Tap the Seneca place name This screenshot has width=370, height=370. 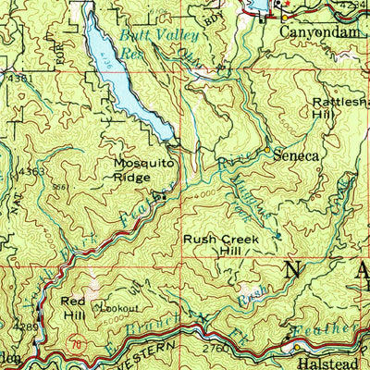tap(296, 156)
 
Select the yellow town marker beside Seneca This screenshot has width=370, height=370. tap(266, 149)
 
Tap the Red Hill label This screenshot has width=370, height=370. tap(75, 308)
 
